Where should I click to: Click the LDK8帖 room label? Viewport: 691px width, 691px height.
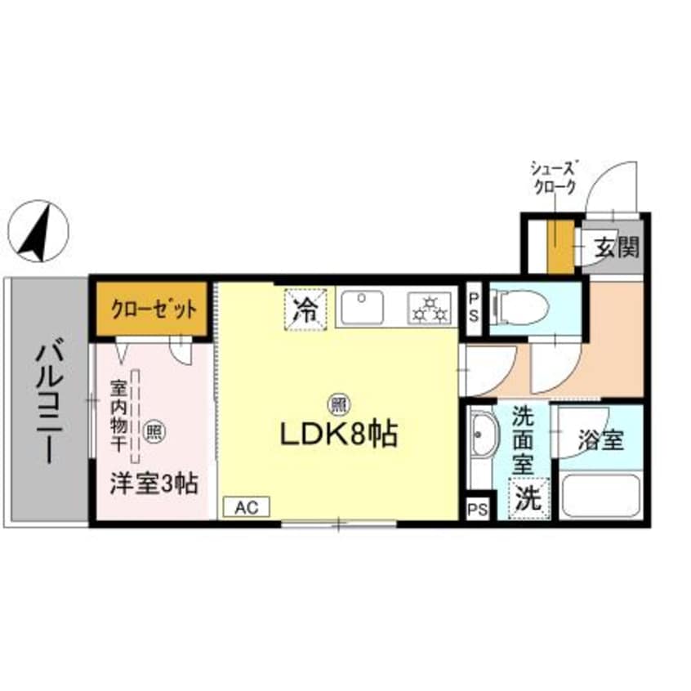(x=338, y=435)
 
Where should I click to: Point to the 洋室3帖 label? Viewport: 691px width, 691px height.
(x=154, y=484)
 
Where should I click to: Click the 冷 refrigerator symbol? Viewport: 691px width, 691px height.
(x=306, y=309)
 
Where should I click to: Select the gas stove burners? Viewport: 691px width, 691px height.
(x=429, y=308)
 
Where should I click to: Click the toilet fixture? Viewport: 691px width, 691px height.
(x=522, y=307)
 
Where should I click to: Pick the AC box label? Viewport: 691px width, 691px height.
(x=247, y=507)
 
